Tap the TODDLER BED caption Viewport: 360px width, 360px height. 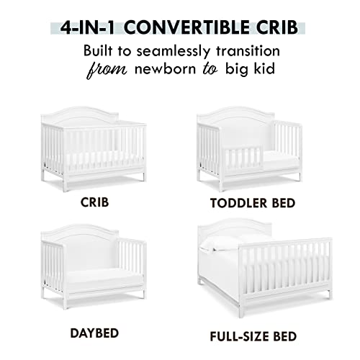253,203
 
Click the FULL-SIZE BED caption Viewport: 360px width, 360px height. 253,335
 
